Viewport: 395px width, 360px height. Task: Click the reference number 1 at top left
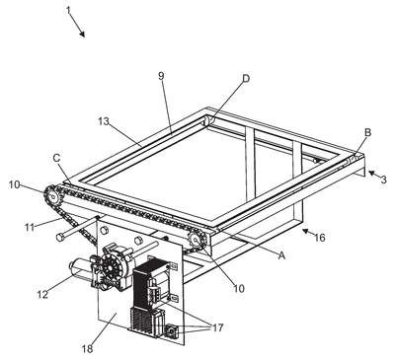pos(68,10)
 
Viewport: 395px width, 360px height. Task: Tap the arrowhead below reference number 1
pos(82,34)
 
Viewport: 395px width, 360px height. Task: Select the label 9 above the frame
pos(161,76)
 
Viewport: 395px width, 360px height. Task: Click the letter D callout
pos(246,78)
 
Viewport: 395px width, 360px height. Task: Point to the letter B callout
pos(367,132)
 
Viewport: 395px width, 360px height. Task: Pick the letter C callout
pos(56,158)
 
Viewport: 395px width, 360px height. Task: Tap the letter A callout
pos(281,254)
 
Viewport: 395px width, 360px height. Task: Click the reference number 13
pos(104,121)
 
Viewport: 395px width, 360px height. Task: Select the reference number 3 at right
pos(383,180)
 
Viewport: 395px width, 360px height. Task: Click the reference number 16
pos(319,237)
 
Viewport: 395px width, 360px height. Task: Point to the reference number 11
pos(30,227)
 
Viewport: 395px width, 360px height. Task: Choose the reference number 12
pos(42,294)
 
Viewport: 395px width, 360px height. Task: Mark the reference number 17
pos(217,327)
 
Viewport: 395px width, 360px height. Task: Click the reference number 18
pos(87,349)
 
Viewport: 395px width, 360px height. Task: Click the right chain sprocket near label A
pos(197,241)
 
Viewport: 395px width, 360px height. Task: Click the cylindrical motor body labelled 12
pos(81,267)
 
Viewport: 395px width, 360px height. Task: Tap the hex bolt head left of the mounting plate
pos(60,237)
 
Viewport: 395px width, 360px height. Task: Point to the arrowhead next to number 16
pos(306,232)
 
